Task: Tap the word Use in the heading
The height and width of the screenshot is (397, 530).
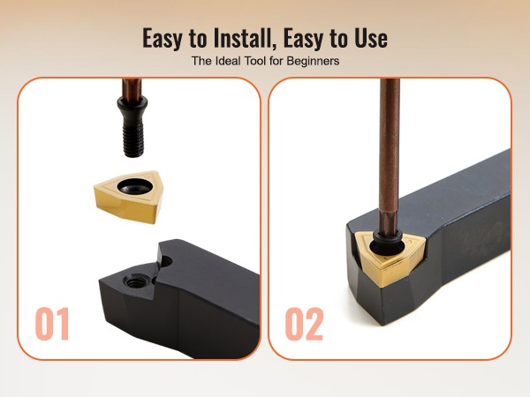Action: [371, 38]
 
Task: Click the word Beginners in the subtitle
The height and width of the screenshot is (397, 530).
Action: [313, 61]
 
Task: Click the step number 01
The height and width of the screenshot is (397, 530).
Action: [52, 324]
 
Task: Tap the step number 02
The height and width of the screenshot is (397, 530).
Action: [304, 324]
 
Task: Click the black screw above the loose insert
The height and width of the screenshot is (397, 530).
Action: [132, 126]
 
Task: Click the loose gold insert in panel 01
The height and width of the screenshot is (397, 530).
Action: [128, 197]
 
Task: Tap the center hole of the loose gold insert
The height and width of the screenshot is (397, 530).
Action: [133, 186]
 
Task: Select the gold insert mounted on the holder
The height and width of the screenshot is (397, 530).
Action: [390, 258]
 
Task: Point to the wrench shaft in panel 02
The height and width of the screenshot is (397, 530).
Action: [389, 155]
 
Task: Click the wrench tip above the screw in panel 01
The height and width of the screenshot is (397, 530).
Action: [132, 89]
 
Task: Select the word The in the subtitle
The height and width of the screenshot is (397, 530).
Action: [201, 61]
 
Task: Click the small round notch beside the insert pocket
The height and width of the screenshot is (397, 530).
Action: [166, 261]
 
